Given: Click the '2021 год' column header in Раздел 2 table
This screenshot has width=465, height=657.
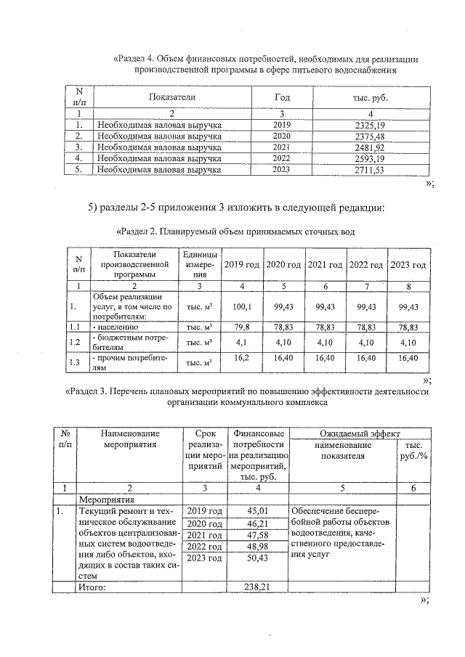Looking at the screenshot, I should point(324,265).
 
